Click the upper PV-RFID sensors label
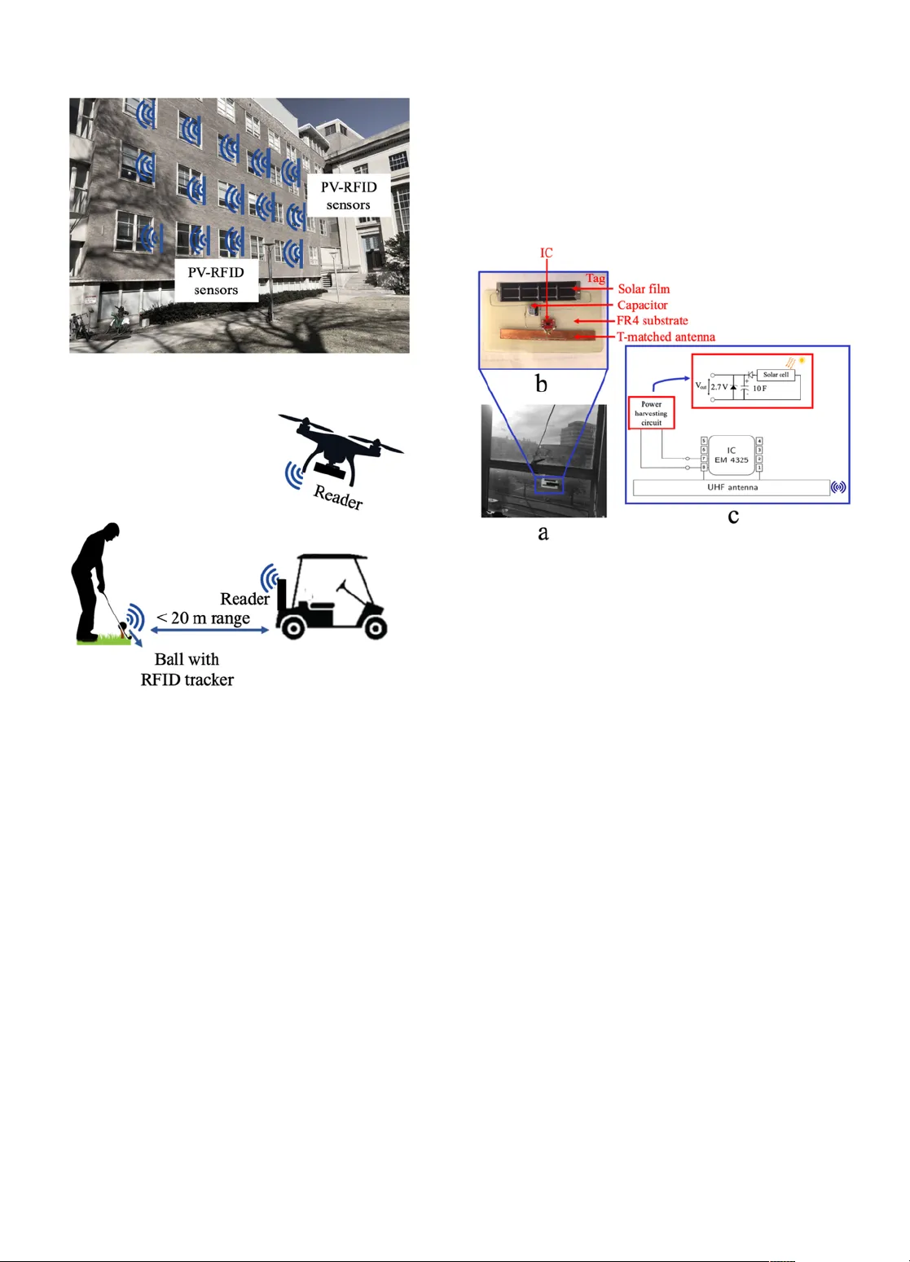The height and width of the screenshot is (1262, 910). pos(349,196)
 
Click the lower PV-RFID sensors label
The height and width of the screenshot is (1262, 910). pos(216,280)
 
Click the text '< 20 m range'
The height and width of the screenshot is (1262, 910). pos(204,618)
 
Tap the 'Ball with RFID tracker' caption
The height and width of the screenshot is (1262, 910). pos(187,670)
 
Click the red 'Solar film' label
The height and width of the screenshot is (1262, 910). pos(644,288)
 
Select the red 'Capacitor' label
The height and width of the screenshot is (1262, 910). pos(642,305)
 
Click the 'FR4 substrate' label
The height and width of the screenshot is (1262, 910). pos(652,321)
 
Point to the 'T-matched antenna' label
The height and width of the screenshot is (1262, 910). pos(666,336)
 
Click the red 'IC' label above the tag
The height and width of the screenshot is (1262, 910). pos(547,253)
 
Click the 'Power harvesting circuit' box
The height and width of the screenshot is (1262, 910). pos(651,414)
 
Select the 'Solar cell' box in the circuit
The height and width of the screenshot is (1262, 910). pos(776,375)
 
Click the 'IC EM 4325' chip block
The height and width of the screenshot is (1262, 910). pos(731,455)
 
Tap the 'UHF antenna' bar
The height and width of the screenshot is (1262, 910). pos(732,487)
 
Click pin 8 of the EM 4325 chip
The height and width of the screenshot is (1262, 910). pos(704,468)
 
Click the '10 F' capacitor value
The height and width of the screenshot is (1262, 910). pos(759,389)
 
